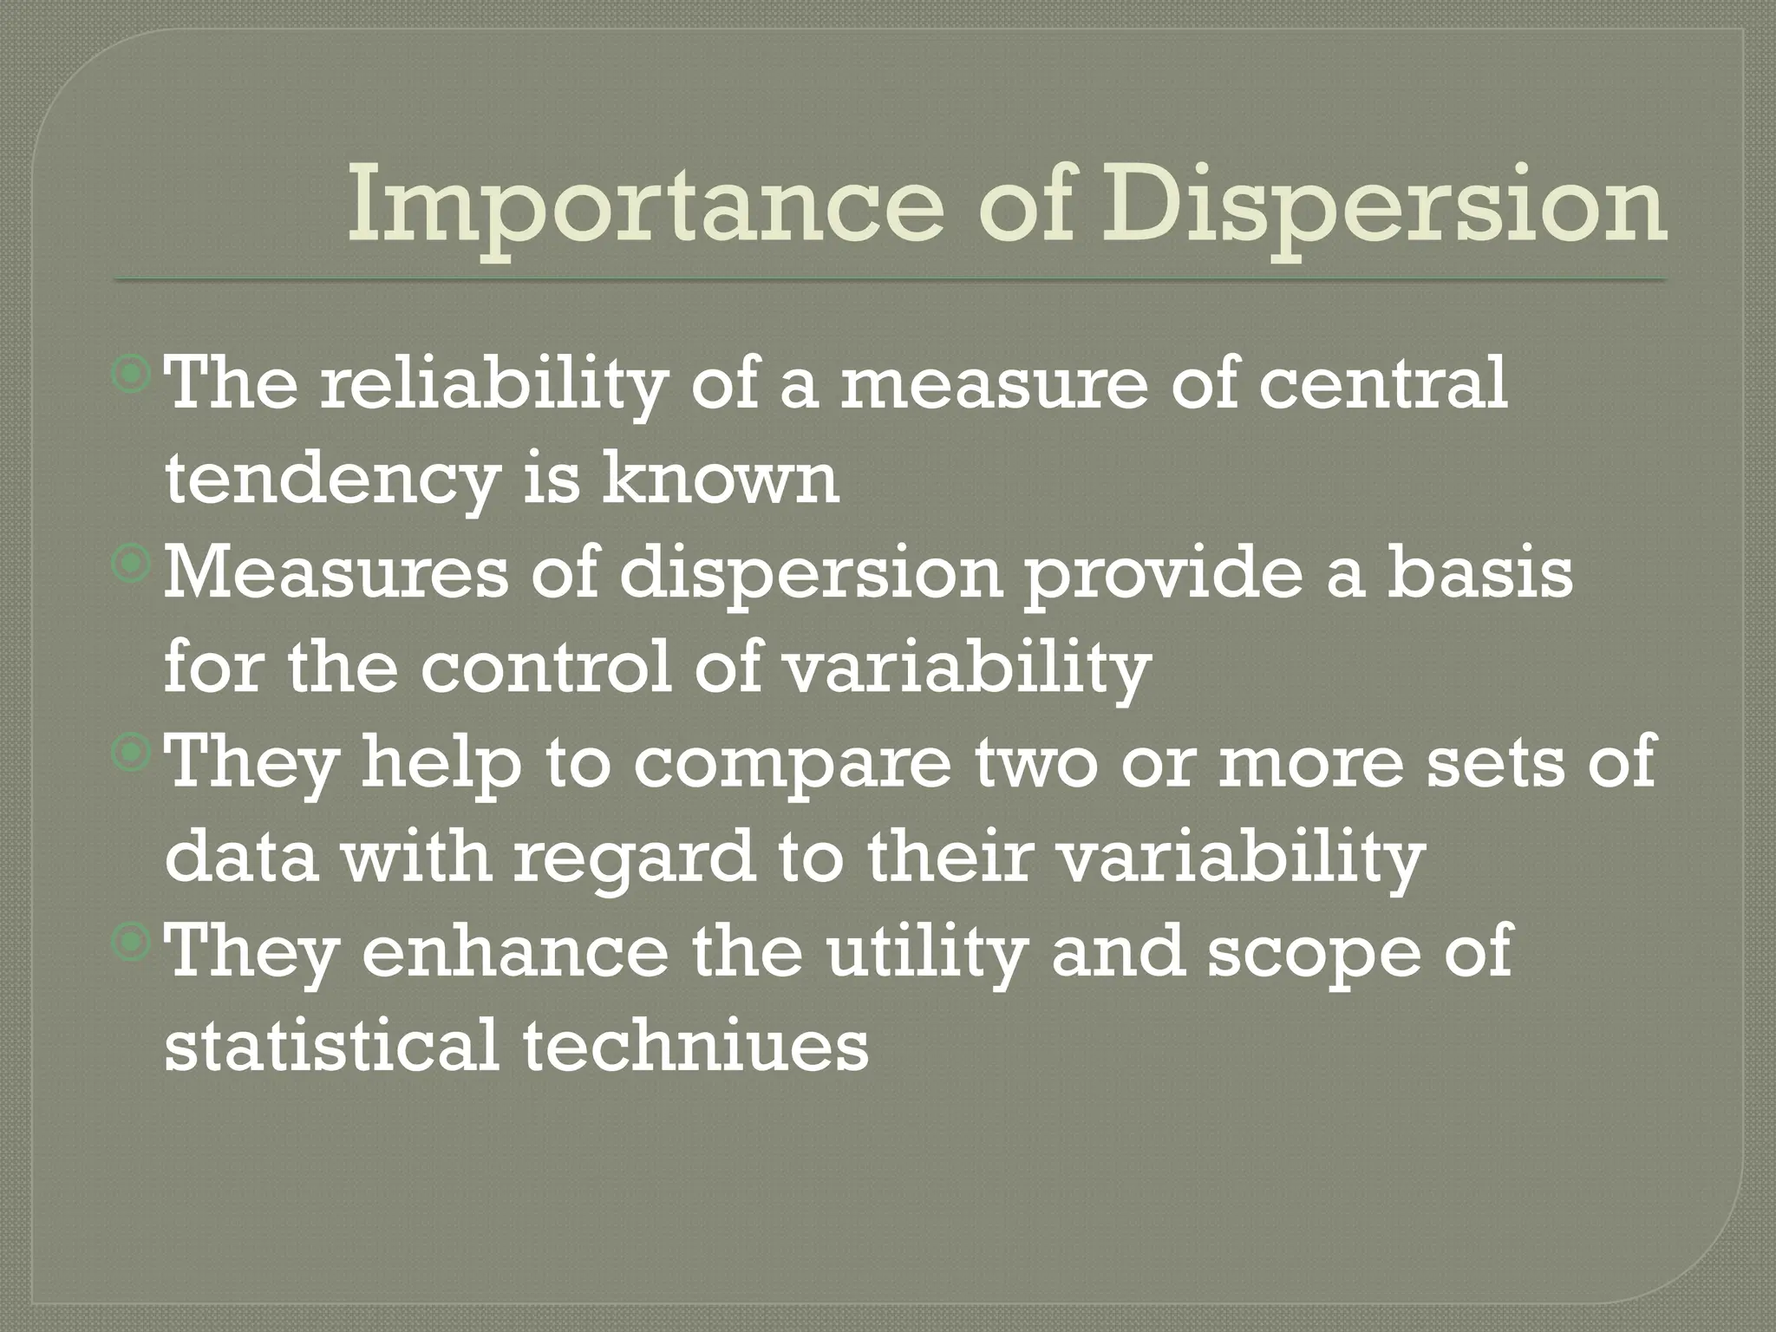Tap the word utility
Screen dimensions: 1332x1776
click(x=924, y=952)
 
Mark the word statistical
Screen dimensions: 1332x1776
click(x=330, y=1044)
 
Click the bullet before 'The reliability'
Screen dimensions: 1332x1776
click(x=132, y=375)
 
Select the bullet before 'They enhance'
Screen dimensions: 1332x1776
click(x=132, y=943)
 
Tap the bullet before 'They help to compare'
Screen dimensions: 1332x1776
click(x=132, y=754)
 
